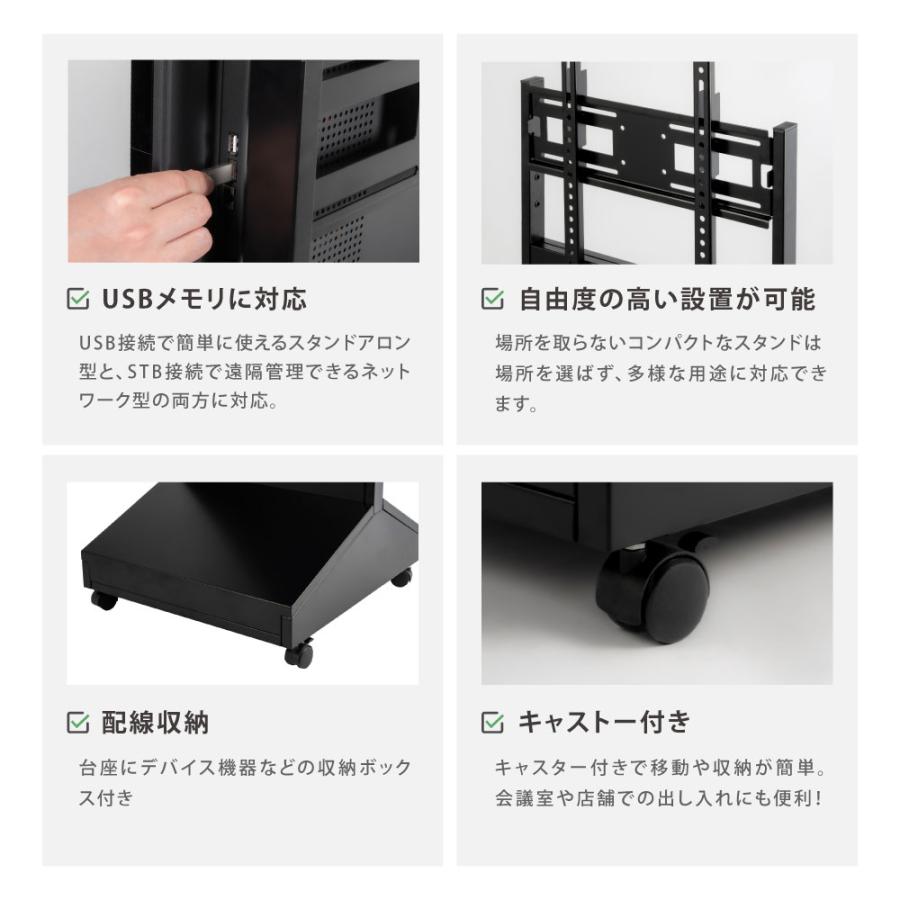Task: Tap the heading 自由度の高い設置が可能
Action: pyautogui.click(x=667, y=299)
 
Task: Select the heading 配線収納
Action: pyautogui.click(x=155, y=722)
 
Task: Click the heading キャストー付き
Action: pyautogui.click(x=604, y=722)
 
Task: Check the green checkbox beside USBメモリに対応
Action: pyautogui.click(x=77, y=299)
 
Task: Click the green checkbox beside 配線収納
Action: pyautogui.click(x=77, y=722)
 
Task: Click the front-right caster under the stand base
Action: pyautogui.click(x=297, y=655)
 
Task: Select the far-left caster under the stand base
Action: pyautogui.click(x=101, y=600)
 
